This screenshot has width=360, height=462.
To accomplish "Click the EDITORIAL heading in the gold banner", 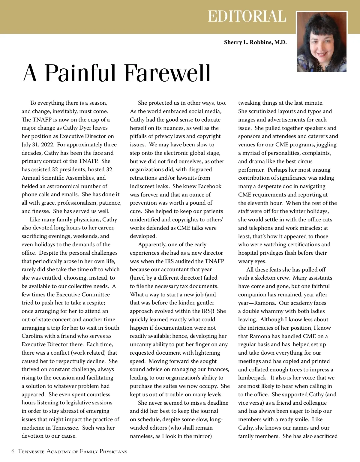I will click(x=247, y=16).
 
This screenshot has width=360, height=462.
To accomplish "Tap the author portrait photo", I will click(x=322, y=42).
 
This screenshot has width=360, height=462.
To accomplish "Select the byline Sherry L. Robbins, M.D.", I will click(x=255, y=42).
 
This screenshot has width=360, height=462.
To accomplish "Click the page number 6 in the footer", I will click(x=13, y=451).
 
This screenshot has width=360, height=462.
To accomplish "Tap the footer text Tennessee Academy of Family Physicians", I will click(x=73, y=451).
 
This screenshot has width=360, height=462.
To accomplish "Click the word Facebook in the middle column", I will click(x=207, y=186).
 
